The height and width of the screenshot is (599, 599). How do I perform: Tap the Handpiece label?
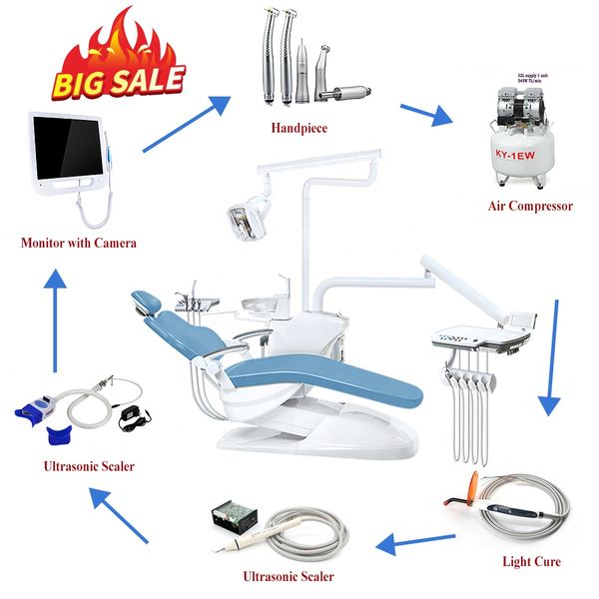coord(299,128)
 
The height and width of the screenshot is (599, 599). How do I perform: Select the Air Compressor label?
coord(529,207)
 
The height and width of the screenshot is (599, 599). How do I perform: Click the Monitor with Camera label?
coord(78,243)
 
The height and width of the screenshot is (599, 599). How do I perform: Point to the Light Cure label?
coord(530,562)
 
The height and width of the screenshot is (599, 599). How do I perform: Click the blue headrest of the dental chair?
coord(147,299)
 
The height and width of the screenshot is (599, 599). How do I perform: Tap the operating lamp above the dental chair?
coord(244,218)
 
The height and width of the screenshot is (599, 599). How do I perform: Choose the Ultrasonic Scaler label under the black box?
coord(289,576)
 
